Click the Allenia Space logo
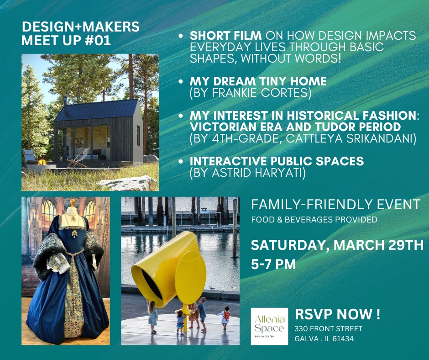(x=269, y=326)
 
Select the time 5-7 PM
(x=273, y=265)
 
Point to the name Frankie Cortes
(x=262, y=93)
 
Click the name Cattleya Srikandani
(x=350, y=138)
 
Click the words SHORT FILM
(x=226, y=36)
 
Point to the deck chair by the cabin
(x=78, y=157)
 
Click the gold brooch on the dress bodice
(x=74, y=234)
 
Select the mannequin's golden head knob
(x=73, y=202)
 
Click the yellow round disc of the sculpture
(x=191, y=277)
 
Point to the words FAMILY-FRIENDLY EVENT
(x=335, y=204)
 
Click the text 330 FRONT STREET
(x=328, y=329)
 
